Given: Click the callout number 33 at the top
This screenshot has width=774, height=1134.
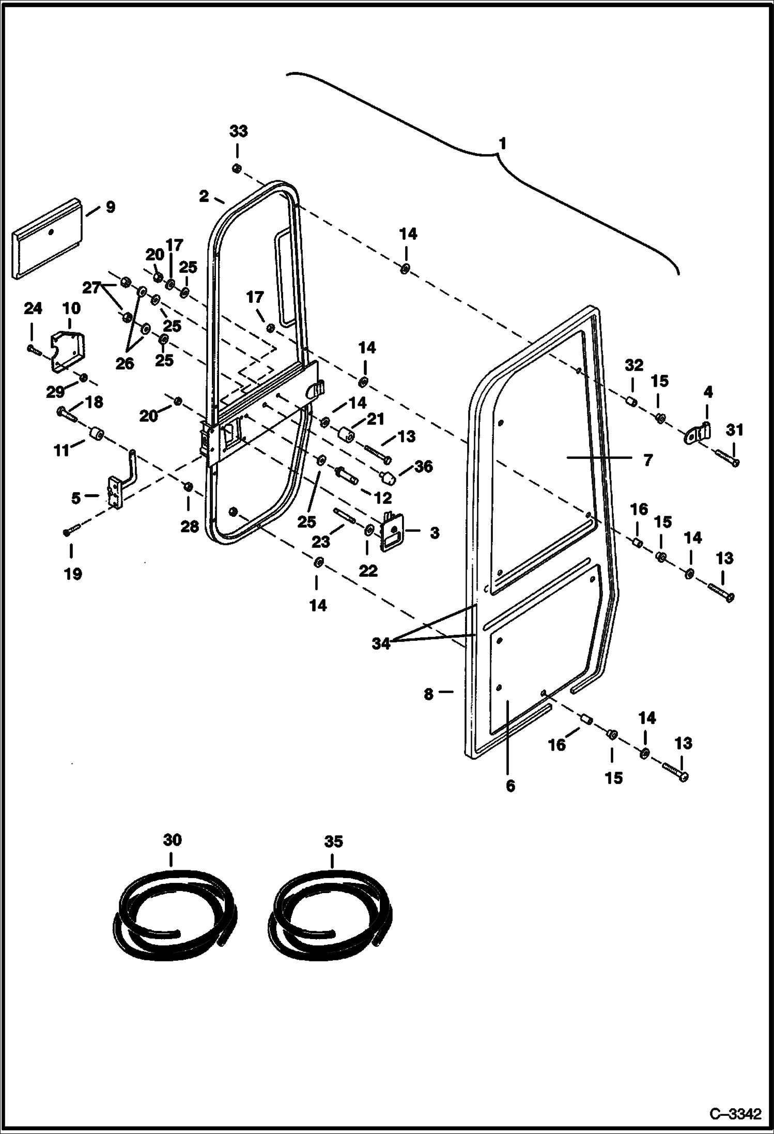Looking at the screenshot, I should [238, 131].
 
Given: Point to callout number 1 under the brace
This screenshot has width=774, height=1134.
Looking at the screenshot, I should [502, 144].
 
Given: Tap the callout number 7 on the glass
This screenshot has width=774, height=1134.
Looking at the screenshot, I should [648, 459].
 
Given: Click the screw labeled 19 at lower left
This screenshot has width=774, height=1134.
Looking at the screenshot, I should [71, 530].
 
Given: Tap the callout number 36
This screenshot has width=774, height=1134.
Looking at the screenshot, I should [423, 467].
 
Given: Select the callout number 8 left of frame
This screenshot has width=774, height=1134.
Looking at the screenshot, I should [428, 694].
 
